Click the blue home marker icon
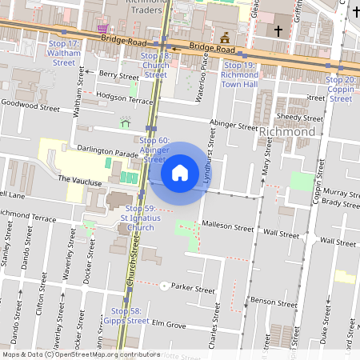(180, 172)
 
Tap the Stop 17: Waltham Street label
(64, 52)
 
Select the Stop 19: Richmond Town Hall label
(239, 74)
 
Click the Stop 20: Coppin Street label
(341, 89)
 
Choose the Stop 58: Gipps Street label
(126, 315)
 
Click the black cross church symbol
(279, 30)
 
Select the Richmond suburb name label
(286, 131)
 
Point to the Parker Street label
(194, 289)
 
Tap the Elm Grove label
(169, 326)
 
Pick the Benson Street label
(268, 301)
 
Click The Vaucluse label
(79, 182)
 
